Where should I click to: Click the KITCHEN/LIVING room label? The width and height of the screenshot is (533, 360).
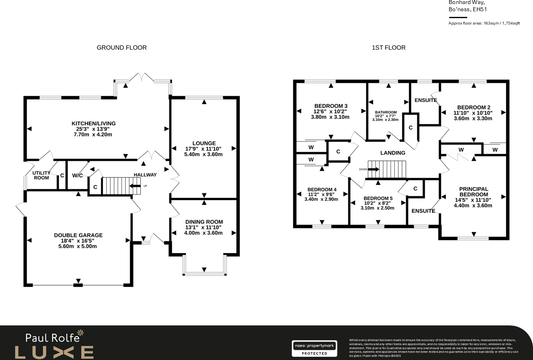pyautogui.click(x=93, y=123)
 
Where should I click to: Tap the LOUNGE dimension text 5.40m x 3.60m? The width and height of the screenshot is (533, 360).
pyautogui.click(x=204, y=154)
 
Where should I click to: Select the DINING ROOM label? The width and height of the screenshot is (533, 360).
pyautogui.click(x=204, y=222)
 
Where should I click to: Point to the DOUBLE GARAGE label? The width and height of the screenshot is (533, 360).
pyautogui.click(x=78, y=235)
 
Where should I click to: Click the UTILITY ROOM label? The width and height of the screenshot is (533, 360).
pyautogui.click(x=41, y=175)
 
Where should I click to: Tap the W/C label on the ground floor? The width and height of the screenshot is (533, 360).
pyautogui.click(x=78, y=175)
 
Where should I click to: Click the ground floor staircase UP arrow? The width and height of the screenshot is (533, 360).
pyautogui.click(x=135, y=186)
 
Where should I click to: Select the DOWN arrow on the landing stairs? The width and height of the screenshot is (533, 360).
pyautogui.click(x=373, y=169)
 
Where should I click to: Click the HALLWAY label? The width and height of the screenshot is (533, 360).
pyautogui.click(x=145, y=175)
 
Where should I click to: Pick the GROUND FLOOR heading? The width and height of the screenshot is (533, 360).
pyautogui.click(x=121, y=47)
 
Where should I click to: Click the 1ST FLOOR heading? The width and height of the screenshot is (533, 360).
pyautogui.click(x=388, y=47)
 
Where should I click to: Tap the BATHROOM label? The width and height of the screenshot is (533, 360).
pyautogui.click(x=385, y=113)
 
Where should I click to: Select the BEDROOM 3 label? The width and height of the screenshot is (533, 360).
pyautogui.click(x=330, y=106)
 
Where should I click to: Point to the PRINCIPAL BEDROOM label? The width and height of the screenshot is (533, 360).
pyautogui.click(x=474, y=192)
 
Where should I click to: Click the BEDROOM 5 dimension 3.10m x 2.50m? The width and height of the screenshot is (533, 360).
pyautogui.click(x=377, y=208)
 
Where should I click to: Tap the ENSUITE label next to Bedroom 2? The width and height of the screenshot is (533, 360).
pyautogui.click(x=425, y=100)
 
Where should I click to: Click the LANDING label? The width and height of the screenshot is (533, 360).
pyautogui.click(x=392, y=153)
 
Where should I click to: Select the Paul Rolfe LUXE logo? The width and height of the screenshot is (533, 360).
pyautogui.click(x=54, y=345)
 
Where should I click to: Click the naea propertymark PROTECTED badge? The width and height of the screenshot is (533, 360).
pyautogui.click(x=314, y=348)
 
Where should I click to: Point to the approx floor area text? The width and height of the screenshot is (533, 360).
pyautogui.click(x=484, y=23)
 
